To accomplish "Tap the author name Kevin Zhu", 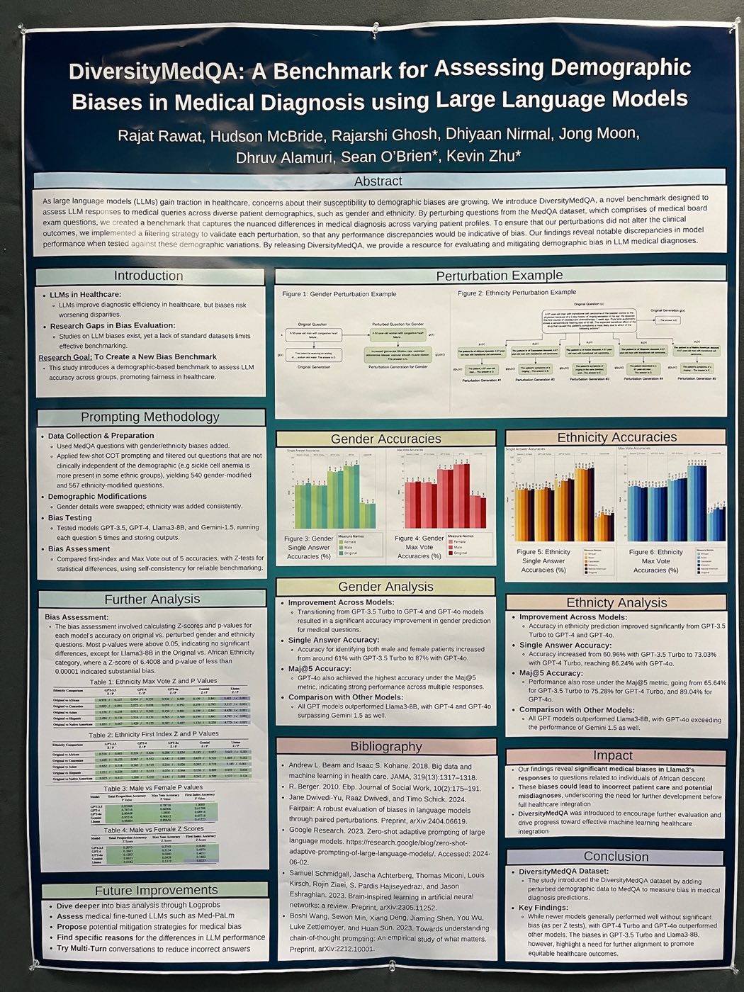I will pyautogui.click(x=484, y=156).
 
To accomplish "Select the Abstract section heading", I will pyautogui.click(x=378, y=181).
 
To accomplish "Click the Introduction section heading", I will pyautogui.click(x=149, y=276).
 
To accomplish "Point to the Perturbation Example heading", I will pyautogui.click(x=499, y=276).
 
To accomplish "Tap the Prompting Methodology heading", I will pyautogui.click(x=150, y=417).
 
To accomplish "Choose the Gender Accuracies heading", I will pyautogui.click(x=385, y=439).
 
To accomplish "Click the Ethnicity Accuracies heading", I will pyautogui.click(x=616, y=437).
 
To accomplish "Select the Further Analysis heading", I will pyautogui.click(x=152, y=599).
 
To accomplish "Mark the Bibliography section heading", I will pyautogui.click(x=385, y=746).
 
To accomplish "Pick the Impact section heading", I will pyautogui.click(x=612, y=755).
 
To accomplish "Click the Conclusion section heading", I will pyautogui.click(x=616, y=856).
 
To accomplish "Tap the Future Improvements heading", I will pyautogui.click(x=156, y=890).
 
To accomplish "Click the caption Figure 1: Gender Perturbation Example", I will pyautogui.click(x=339, y=294).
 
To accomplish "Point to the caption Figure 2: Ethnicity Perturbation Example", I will pyautogui.click(x=517, y=292).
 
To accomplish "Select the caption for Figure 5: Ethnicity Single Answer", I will pyautogui.click(x=543, y=560).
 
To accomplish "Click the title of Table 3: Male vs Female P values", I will pyautogui.click(x=153, y=787).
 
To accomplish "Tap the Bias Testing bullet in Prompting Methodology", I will pyautogui.click(x=70, y=518).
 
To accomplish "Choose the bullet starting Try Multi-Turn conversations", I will pyautogui.click(x=153, y=948).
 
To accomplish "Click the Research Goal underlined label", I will pyautogui.click(x=65, y=357).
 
